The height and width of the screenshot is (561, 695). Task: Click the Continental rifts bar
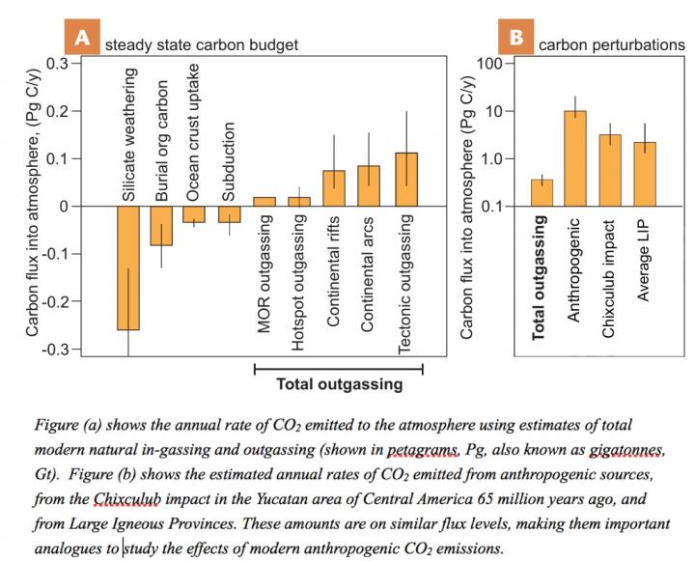[334, 188]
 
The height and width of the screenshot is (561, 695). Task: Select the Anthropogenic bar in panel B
[575, 158]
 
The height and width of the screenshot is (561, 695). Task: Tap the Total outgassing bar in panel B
[542, 193]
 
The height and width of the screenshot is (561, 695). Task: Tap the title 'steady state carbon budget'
[201, 44]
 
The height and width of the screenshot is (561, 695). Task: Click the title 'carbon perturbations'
[612, 44]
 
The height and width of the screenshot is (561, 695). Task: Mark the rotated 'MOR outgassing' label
[264, 273]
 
